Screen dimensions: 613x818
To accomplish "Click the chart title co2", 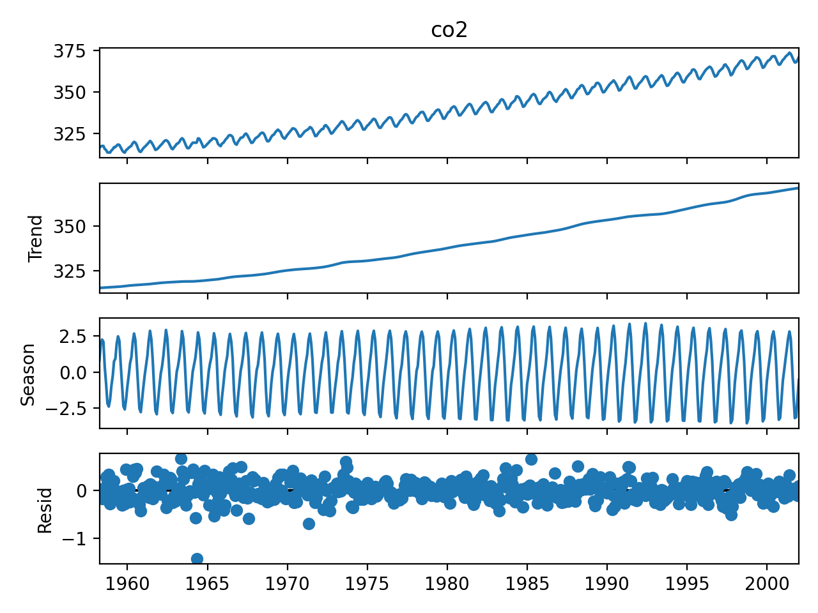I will click(449, 30).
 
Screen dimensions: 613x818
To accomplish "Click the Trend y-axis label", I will click(36, 238).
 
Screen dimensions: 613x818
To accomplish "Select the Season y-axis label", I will click(28, 374).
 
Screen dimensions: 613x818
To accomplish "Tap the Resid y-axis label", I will click(45, 510).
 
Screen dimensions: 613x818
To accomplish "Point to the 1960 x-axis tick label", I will click(127, 584).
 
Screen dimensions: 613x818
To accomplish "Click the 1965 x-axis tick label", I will click(207, 584).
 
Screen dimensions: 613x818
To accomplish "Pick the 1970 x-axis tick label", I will click(287, 584).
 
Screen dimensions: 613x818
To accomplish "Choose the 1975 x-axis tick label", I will click(367, 584).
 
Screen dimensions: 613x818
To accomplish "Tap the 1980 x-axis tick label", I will click(447, 584).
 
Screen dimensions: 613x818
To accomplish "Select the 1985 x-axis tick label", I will click(527, 584).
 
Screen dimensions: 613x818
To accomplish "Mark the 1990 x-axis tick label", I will click(607, 584).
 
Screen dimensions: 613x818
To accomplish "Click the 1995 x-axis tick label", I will click(687, 584).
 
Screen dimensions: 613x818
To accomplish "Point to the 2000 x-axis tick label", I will click(767, 584).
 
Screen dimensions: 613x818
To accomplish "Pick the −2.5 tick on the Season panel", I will click(72, 408).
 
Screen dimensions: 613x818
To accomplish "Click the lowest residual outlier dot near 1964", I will click(197, 559).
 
